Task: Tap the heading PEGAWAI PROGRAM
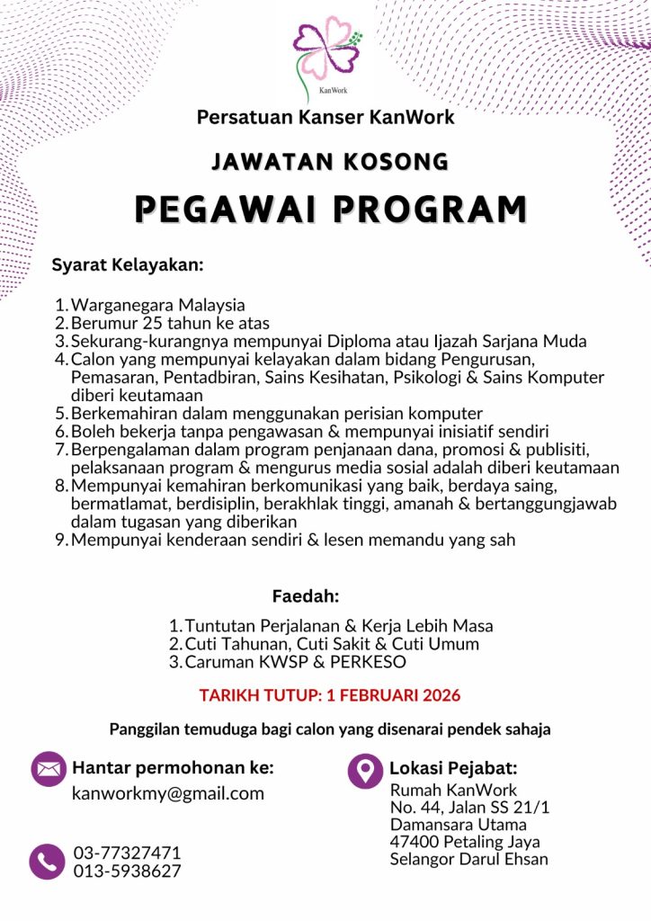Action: coord(330,208)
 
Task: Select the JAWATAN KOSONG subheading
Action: coord(330,162)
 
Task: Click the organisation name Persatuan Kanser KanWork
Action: coord(325,117)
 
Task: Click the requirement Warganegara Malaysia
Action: coord(158,305)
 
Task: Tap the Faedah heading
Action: coord(305,596)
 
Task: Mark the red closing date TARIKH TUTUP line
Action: coord(329,696)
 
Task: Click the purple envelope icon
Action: coord(49,769)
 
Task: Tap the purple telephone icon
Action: coord(47,862)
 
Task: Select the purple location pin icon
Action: coord(365,770)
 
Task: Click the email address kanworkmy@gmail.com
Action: coord(168,794)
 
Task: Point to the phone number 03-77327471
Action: coord(127,853)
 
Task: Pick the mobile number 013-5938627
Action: coord(127,871)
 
